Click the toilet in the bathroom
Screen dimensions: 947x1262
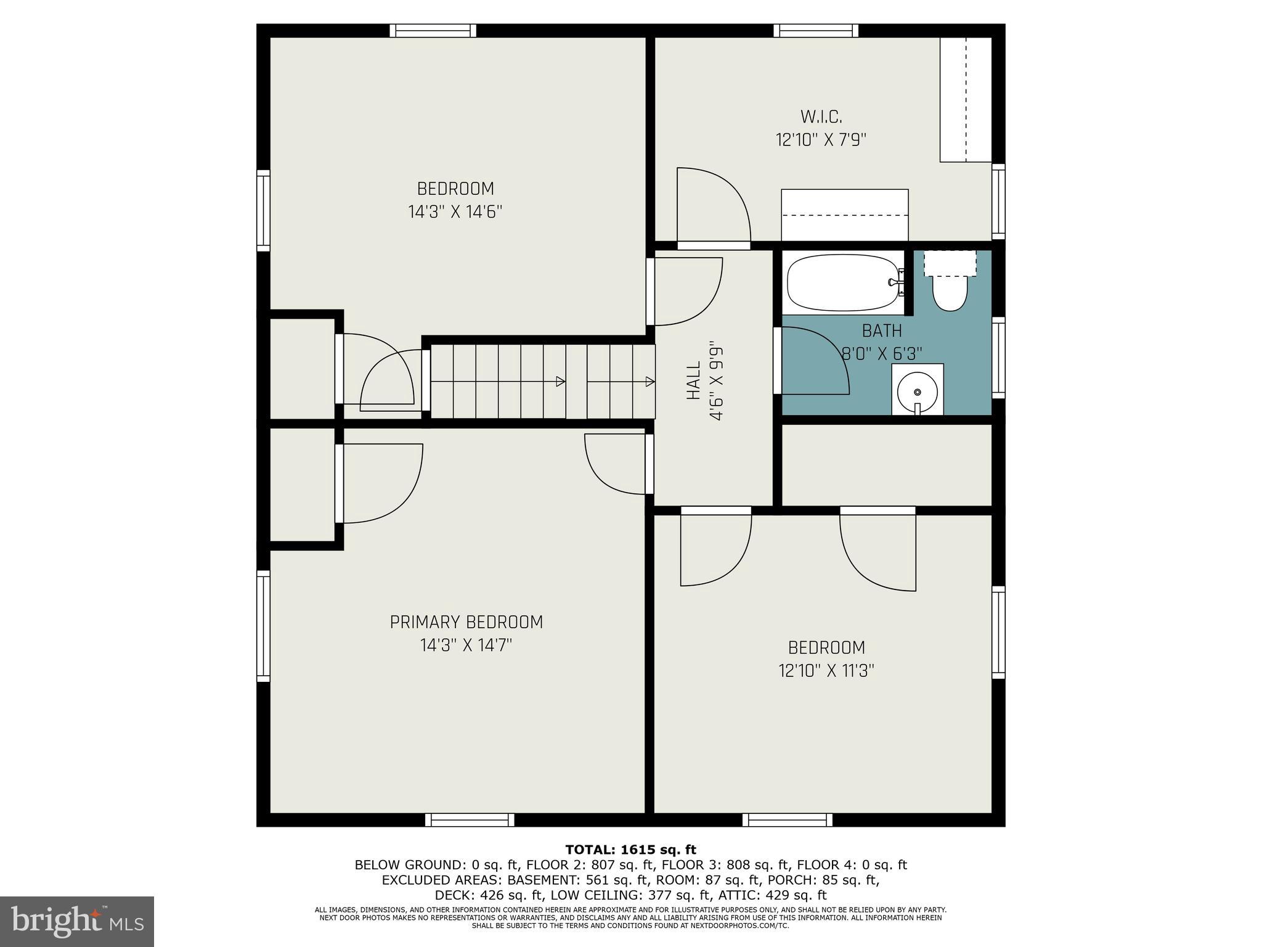pyautogui.click(x=950, y=292)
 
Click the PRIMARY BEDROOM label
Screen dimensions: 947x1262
pyautogui.click(x=466, y=622)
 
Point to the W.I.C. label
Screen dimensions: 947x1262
pyautogui.click(x=821, y=117)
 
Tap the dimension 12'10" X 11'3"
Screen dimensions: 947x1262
pyautogui.click(x=826, y=671)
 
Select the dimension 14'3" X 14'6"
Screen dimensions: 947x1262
pyautogui.click(x=455, y=212)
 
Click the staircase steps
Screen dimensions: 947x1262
pyautogui.click(x=542, y=381)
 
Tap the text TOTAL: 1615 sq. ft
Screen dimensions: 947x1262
pyautogui.click(x=630, y=850)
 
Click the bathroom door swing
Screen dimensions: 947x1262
pyautogui.click(x=812, y=361)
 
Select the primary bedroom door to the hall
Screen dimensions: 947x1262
pyautogui.click(x=617, y=464)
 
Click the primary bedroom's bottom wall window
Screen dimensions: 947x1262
pyautogui.click(x=470, y=819)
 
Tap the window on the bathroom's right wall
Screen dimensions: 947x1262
pyautogui.click(x=998, y=358)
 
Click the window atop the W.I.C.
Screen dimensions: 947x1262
pyautogui.click(x=816, y=30)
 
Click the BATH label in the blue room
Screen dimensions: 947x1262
pyautogui.click(x=882, y=331)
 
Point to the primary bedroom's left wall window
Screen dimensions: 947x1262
pyautogui.click(x=263, y=626)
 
